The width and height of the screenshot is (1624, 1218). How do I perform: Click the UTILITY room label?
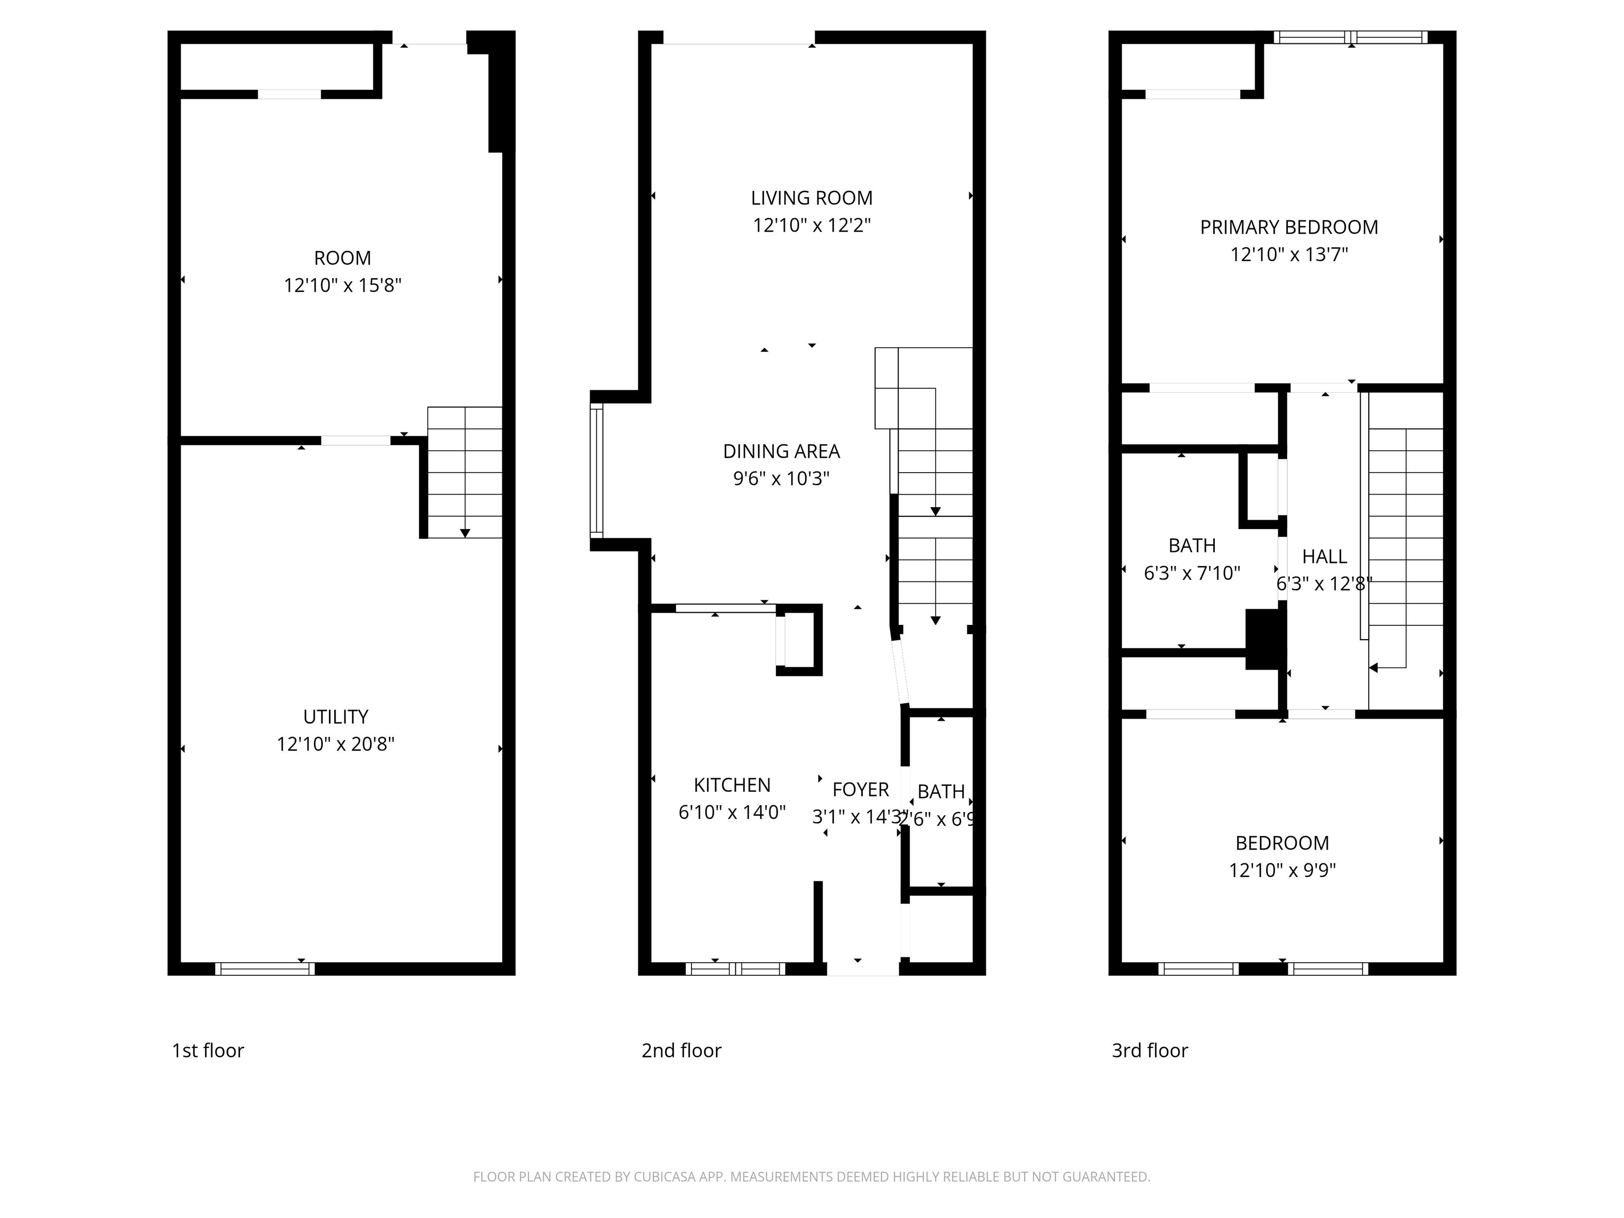tap(336, 716)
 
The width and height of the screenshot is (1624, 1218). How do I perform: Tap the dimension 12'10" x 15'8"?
tap(343, 285)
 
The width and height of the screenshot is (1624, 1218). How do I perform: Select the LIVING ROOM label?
tap(811, 198)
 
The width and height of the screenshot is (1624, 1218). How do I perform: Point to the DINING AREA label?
tap(781, 451)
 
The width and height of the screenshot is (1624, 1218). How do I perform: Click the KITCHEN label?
tap(732, 785)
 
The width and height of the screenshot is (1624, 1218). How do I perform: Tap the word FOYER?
tap(861, 789)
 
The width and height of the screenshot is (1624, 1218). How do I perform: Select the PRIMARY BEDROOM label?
tap(1288, 228)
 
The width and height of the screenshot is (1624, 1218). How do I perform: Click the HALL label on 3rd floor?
tap(1324, 557)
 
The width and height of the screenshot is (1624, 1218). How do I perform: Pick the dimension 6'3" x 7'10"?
tap(1192, 573)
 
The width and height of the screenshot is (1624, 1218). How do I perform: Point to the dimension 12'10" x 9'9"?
tap(1282, 870)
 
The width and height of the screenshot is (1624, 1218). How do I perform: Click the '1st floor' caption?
tap(208, 1050)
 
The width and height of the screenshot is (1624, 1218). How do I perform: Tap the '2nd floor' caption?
tap(681, 1050)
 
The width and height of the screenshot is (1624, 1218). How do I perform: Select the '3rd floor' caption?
tap(1150, 1050)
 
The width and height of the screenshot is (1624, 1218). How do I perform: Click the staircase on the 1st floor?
tap(465, 472)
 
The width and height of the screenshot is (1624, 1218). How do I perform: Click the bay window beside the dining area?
tap(597, 470)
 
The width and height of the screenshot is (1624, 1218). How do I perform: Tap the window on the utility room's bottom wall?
tap(265, 969)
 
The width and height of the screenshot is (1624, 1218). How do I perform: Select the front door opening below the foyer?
tap(863, 969)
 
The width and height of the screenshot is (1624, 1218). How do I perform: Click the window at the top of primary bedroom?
tap(1350, 38)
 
